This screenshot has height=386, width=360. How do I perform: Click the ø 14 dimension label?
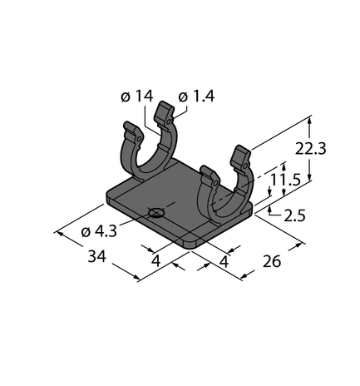click(138, 96)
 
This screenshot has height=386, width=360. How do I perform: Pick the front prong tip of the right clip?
click(210, 177)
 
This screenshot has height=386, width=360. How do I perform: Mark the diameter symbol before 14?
click(125, 96)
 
